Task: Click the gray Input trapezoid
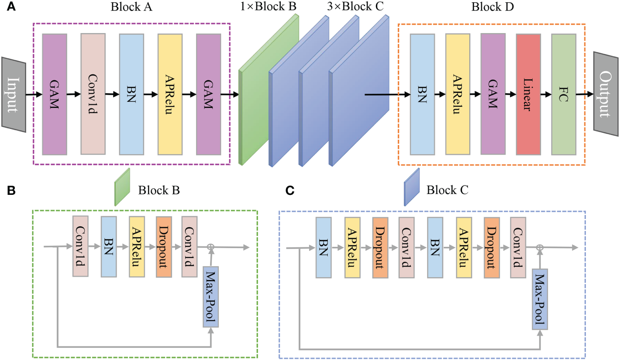pos(14,94)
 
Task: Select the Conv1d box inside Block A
pos(93,93)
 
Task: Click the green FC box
pos(563,94)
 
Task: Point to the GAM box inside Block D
pos(493,94)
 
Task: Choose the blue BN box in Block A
pos(131,93)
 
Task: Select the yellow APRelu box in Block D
pos(458,94)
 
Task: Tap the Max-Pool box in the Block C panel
pos(540,299)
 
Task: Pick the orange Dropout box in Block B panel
pos(164,246)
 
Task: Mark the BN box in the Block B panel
pos(109,246)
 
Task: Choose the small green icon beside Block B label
pos(122,187)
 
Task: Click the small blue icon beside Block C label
pos(412,187)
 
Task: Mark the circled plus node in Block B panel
pos(211,247)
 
